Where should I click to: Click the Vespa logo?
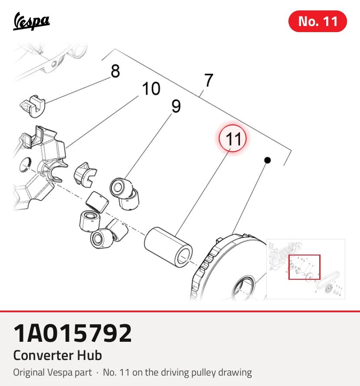[31, 21]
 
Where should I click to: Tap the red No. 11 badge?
[317, 21]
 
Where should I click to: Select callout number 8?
[115, 71]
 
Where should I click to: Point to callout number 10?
[151, 88]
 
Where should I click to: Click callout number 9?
[176, 106]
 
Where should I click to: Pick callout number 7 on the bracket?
[209, 80]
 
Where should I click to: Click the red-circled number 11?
[232, 138]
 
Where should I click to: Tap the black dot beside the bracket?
[268, 160]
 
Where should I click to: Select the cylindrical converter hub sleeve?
[168, 247]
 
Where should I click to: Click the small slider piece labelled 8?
[33, 106]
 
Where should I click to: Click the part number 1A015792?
[72, 333]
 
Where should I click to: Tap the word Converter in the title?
[43, 355]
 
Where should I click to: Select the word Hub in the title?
[89, 355]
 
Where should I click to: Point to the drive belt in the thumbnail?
[327, 279]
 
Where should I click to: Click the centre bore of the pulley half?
[243, 288]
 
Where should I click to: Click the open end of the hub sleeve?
[183, 257]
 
